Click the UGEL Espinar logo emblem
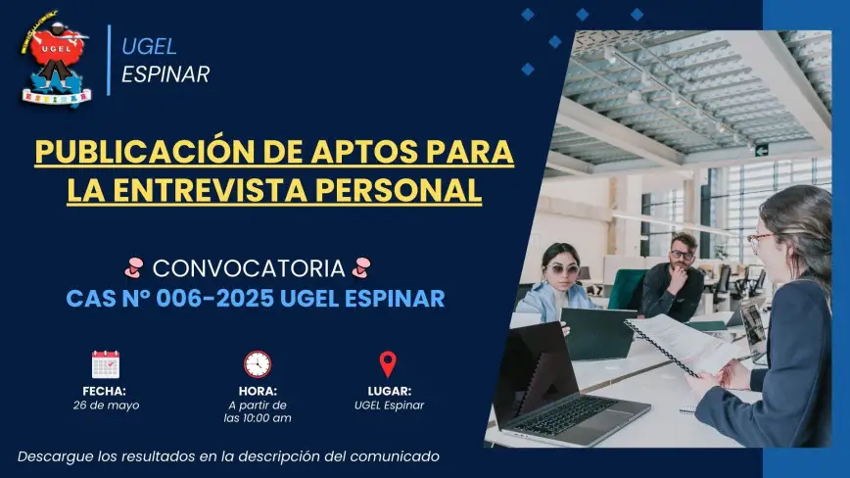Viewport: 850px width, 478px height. click(55, 59)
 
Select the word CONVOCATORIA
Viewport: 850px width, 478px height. click(249, 268)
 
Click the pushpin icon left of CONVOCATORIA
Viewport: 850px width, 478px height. click(134, 267)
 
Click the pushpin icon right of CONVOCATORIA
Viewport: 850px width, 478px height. click(361, 267)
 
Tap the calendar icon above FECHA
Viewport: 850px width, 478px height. click(106, 364)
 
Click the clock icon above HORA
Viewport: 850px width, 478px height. click(258, 364)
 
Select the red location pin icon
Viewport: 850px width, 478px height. click(388, 363)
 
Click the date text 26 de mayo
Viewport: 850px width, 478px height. click(106, 406)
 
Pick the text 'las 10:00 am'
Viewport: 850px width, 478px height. click(258, 418)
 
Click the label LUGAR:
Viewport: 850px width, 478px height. click(389, 391)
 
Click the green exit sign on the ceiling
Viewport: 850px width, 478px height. click(762, 150)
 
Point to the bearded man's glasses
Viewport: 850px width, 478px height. click(682, 254)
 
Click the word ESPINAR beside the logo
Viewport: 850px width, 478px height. click(165, 74)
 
